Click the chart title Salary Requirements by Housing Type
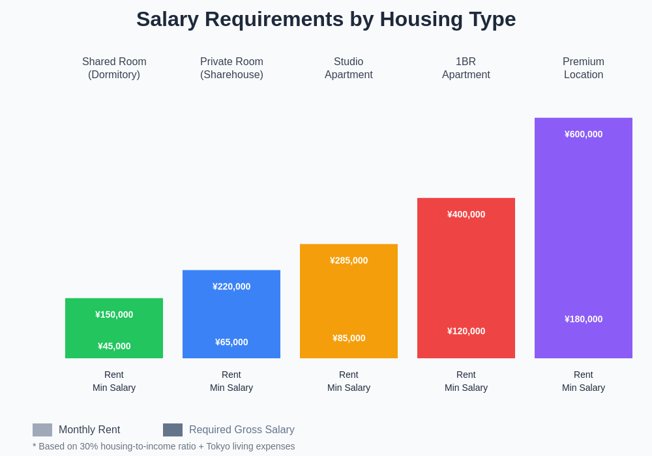[326, 20]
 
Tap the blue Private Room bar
[231, 314]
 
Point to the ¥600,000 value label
[584, 134]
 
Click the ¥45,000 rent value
[114, 346]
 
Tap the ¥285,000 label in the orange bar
[349, 261]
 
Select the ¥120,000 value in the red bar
[466, 331]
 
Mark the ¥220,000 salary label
[231, 287]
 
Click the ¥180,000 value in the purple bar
[584, 319]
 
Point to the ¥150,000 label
[114, 315]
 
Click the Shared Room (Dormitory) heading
[114, 68]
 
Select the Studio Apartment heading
[349, 68]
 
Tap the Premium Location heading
[584, 68]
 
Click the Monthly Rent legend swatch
[42, 430]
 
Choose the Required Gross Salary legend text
[241, 430]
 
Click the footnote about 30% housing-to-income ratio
[164, 446]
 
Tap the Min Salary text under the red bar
[466, 388]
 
